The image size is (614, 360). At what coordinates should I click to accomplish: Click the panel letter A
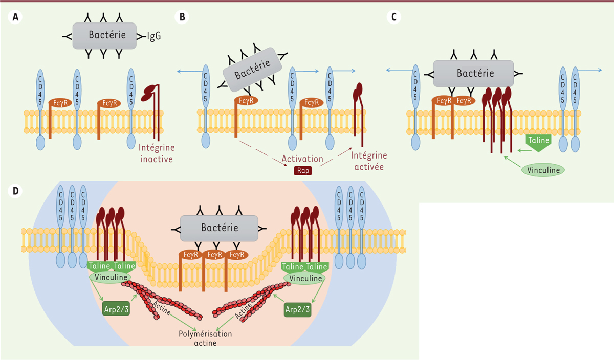(x=15, y=17)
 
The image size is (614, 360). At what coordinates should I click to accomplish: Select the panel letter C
(x=393, y=17)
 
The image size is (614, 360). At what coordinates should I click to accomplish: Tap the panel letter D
(x=15, y=191)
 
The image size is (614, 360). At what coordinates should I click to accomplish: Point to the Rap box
(x=302, y=170)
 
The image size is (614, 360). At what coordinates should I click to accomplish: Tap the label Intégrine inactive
(x=157, y=153)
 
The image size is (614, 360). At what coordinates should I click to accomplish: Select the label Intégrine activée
(x=368, y=160)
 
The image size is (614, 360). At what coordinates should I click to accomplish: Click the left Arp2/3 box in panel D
(x=114, y=309)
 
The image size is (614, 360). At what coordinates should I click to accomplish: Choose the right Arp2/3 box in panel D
(x=296, y=309)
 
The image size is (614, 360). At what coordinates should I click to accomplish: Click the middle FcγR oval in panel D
(x=215, y=255)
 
